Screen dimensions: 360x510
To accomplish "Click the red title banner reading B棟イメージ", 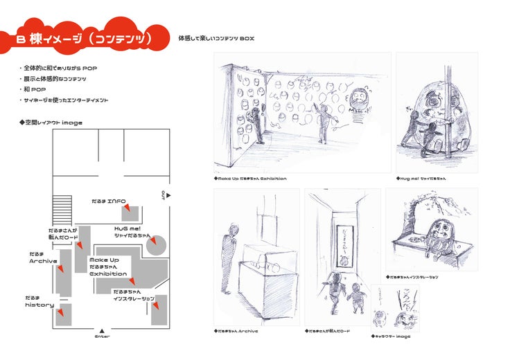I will point(90,39).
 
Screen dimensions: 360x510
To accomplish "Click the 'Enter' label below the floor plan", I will point(102,336).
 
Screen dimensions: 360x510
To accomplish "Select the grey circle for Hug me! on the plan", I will point(157,244).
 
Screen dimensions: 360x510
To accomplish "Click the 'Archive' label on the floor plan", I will point(42,261).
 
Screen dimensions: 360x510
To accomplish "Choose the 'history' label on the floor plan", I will point(39,305).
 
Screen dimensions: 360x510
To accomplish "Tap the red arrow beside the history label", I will point(62,312).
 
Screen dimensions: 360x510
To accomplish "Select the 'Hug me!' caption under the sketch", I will point(422,179).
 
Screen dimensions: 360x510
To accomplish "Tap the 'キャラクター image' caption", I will point(392,336).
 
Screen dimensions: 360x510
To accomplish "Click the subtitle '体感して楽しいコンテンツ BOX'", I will point(216,37).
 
